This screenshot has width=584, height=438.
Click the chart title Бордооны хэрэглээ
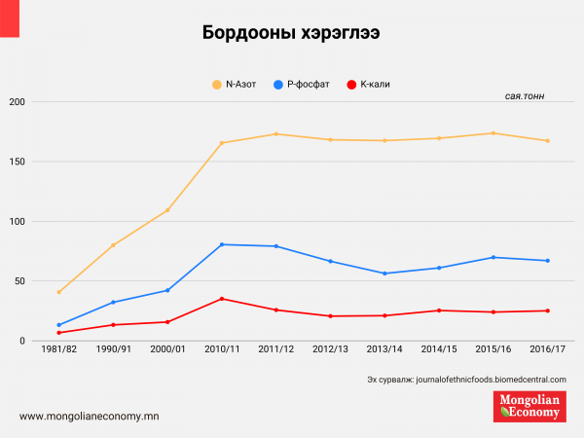tap(291, 32)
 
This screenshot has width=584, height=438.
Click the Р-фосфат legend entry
tap(305, 85)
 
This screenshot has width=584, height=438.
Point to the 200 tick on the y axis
tap(16, 101)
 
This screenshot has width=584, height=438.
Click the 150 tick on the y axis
tap(16, 162)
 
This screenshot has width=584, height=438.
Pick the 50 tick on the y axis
tap(18, 281)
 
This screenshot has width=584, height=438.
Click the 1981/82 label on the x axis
tap(58, 348)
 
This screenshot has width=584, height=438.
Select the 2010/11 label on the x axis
tap(222, 348)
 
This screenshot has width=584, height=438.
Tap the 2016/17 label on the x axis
tap(547, 348)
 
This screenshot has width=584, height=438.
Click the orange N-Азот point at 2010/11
tap(222, 143)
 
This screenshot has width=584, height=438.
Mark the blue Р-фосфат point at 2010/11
tap(222, 244)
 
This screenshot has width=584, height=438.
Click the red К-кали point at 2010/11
tap(222, 299)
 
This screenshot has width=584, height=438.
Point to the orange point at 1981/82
tap(59, 292)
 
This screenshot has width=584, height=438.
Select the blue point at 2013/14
tap(384, 274)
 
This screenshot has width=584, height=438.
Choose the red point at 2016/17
tap(547, 310)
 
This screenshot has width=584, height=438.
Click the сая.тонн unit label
tap(527, 98)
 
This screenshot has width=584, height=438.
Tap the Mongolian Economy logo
tap(529, 407)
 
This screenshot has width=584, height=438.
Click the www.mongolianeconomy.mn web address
tap(89, 416)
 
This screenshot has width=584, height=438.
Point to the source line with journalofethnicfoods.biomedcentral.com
tap(466, 379)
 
